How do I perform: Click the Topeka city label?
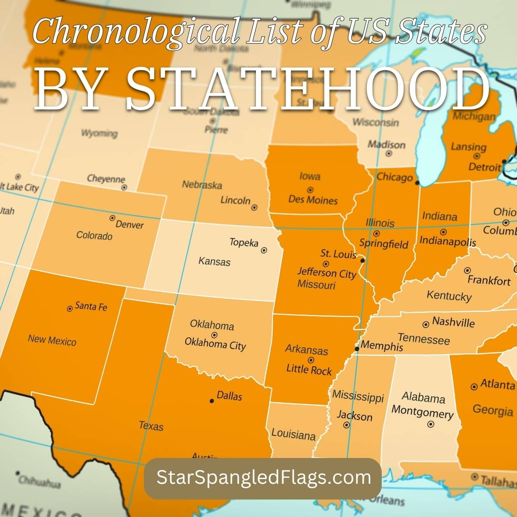click(243, 243)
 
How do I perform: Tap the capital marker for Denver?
click(112, 218)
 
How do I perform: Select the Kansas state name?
click(214, 262)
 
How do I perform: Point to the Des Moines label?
click(313, 200)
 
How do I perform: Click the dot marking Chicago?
click(417, 183)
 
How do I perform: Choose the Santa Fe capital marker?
click(70, 308)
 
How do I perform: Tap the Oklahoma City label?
click(215, 344)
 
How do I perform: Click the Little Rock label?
click(309, 370)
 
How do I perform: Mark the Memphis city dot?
click(357, 349)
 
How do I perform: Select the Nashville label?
click(453, 322)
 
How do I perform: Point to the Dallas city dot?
click(212, 401)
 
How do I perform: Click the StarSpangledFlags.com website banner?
click(263, 478)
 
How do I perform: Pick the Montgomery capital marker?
click(430, 424)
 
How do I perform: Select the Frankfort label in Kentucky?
click(489, 280)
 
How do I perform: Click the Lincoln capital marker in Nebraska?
click(254, 207)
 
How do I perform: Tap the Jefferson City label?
click(327, 273)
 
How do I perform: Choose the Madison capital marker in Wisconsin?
click(389, 153)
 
